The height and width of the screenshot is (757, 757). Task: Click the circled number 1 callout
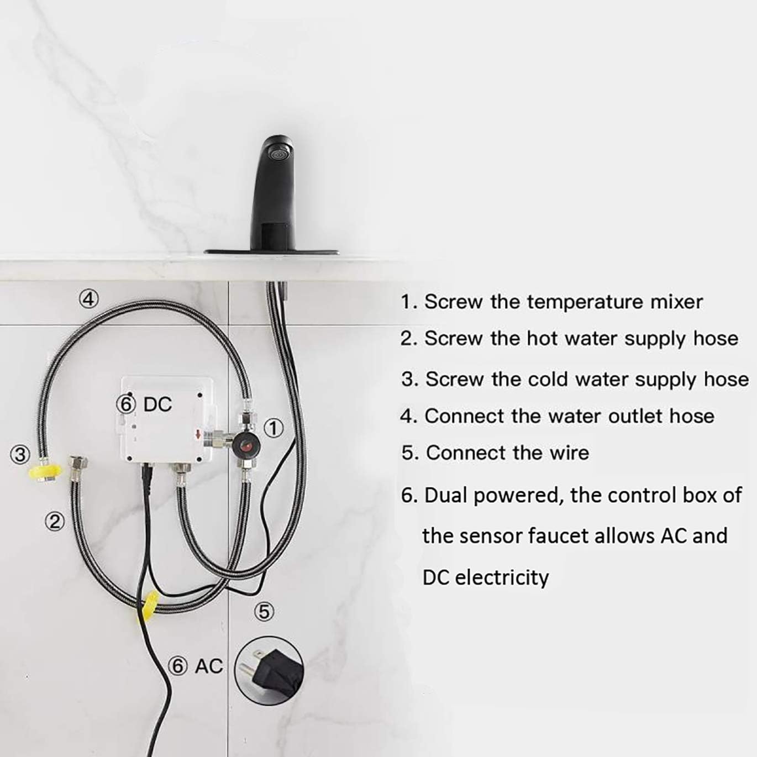point(273,428)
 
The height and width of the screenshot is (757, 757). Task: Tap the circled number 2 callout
point(54,521)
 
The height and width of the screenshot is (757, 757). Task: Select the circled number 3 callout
point(20,455)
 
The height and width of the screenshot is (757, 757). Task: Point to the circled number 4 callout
point(88,299)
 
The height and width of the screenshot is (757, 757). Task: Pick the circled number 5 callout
point(265,612)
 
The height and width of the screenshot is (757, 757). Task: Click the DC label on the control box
point(157,404)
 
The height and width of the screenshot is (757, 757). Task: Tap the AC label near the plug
point(209,666)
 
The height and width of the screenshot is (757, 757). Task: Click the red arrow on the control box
point(198,435)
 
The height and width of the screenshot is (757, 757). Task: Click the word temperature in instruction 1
point(585,302)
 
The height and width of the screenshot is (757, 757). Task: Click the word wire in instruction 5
point(569,453)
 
